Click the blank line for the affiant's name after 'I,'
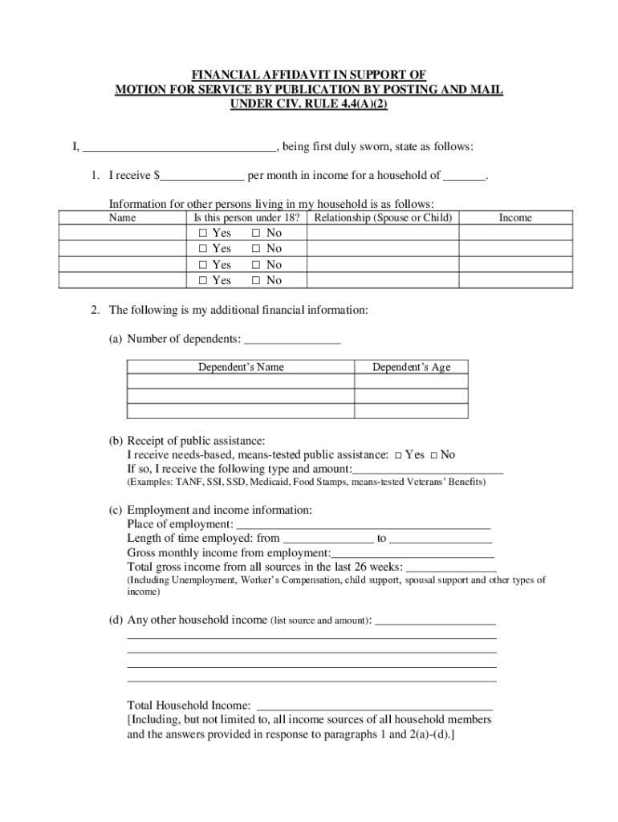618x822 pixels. [x=179, y=148]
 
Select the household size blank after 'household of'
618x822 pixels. [x=465, y=176]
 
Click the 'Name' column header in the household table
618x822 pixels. [x=122, y=218]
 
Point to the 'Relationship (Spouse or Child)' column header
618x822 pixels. [x=384, y=218]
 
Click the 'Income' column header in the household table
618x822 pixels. [x=514, y=218]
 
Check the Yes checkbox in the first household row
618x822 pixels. [x=202, y=233]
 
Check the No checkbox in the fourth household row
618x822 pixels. [x=256, y=281]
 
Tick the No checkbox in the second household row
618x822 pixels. [x=256, y=249]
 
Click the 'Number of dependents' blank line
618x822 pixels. [x=291, y=340]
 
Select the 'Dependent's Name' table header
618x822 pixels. [x=241, y=368]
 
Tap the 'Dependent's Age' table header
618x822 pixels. [x=411, y=368]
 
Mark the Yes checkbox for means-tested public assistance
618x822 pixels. [x=398, y=455]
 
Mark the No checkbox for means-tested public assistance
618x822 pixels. [x=433, y=455]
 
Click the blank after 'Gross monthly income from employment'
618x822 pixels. [x=413, y=554]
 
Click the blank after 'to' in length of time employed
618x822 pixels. [x=441, y=539]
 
